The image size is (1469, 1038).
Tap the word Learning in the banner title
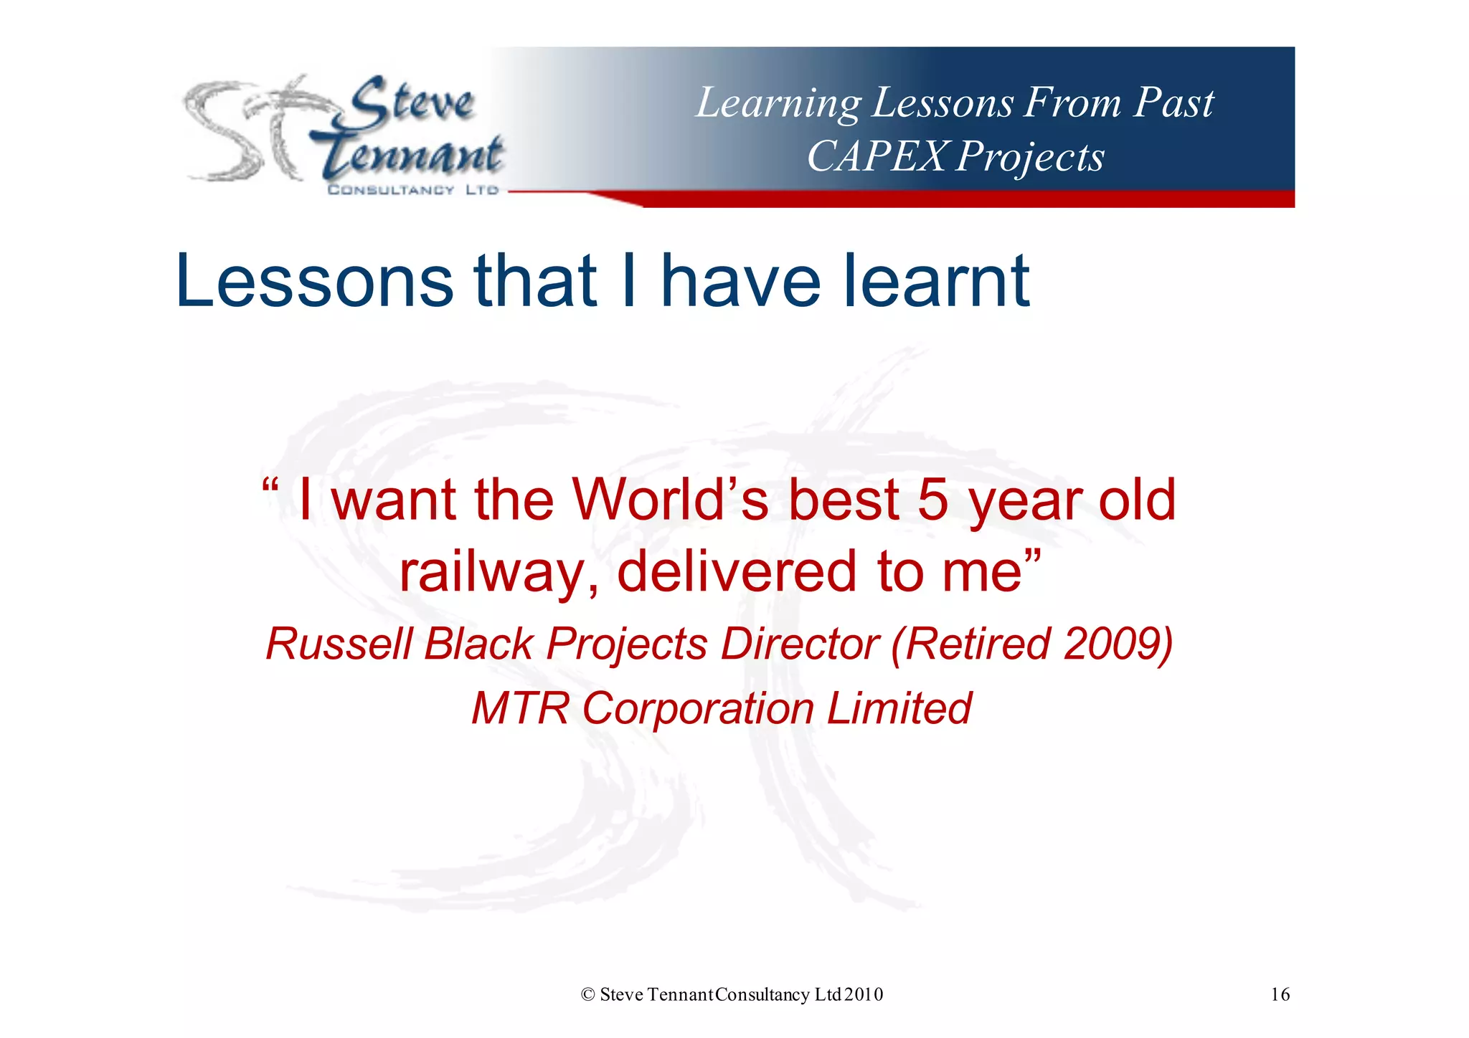tap(778, 103)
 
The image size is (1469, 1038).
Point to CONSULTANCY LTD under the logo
tap(412, 190)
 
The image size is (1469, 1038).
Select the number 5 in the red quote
tap(932, 500)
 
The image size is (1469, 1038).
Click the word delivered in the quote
tap(737, 572)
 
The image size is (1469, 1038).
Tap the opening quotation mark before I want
tap(270, 487)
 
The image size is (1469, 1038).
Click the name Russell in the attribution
tap(339, 644)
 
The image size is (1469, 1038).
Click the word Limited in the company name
tap(899, 708)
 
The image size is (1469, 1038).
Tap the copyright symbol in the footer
tap(588, 994)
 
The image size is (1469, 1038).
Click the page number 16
tap(1280, 994)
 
